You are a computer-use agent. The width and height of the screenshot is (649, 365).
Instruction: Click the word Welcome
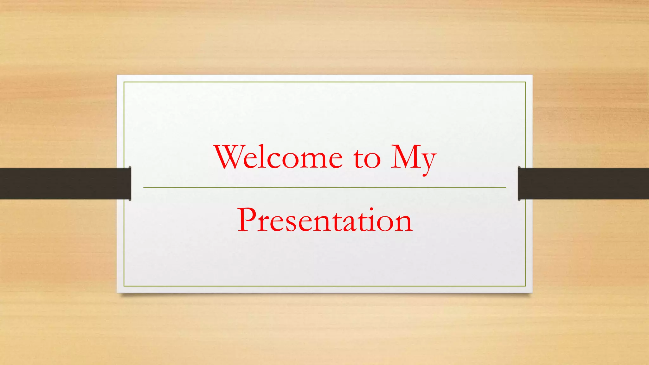279,157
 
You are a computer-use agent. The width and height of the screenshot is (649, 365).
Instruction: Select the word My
413,158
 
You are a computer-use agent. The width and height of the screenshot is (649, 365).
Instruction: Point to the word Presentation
325,220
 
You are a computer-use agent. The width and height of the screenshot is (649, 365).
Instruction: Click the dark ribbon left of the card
63,183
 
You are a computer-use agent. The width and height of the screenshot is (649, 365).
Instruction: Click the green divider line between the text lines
324,188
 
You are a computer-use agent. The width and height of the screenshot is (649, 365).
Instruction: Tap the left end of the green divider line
144,188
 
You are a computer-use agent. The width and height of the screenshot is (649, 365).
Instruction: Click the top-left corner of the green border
124,82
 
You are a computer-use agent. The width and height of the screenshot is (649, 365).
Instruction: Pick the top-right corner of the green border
525,82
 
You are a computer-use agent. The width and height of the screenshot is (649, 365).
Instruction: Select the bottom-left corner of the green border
124,286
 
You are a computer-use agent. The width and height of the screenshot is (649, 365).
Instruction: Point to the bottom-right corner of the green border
525,286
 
